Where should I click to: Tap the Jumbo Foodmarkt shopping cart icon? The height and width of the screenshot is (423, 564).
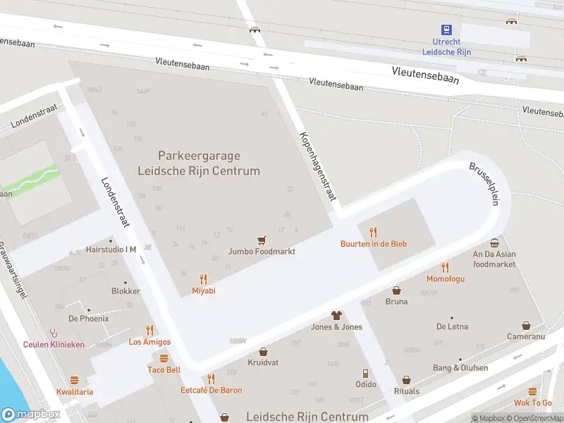coord(262,240)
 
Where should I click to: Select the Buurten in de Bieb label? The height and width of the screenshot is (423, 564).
coord(374,244)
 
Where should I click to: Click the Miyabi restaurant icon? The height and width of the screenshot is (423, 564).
coord(204,278)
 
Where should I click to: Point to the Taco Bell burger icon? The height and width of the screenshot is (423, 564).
coord(164,357)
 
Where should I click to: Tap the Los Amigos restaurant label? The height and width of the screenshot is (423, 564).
coord(149,342)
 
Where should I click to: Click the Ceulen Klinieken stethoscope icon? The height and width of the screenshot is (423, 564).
coord(53,333)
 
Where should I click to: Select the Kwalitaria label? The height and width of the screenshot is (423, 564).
coord(75,392)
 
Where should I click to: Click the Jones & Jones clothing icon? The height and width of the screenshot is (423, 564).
coord(336,315)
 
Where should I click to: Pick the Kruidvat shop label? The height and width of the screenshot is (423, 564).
coord(263,362)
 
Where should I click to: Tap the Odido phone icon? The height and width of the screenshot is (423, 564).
coord(365,373)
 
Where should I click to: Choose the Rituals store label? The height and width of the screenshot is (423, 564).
coord(406,391)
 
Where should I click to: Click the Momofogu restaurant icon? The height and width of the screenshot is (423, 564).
coord(445,267)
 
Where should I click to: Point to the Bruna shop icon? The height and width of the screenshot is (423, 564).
coord(396,290)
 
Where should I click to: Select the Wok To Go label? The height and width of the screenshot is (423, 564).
coord(532,403)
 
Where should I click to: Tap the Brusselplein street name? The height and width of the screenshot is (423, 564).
coord(484,184)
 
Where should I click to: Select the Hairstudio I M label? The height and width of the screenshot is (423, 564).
coord(111,250)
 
